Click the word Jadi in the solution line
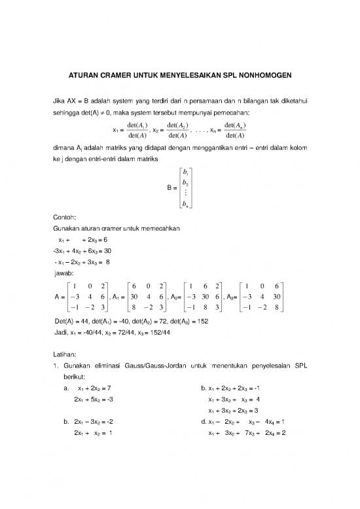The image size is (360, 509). pos(60,332)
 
